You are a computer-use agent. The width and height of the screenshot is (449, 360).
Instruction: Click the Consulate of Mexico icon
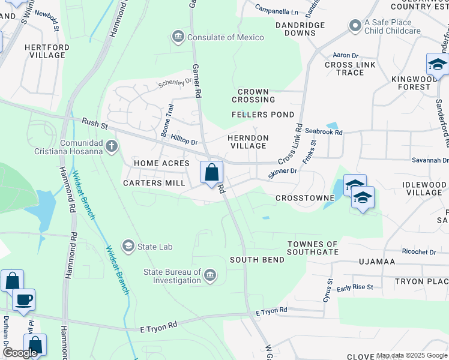pos(178,37)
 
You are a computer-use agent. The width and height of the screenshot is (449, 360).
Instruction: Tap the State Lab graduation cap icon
pos(128,246)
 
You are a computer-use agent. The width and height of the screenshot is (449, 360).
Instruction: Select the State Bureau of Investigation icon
pos(210,275)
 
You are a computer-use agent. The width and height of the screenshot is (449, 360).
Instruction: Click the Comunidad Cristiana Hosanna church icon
pos(111,146)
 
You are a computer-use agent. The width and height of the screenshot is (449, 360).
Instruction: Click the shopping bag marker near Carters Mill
pos(211,173)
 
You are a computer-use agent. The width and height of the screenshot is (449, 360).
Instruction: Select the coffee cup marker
pos(23,299)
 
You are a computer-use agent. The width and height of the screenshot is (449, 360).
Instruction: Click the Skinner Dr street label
pos(283,172)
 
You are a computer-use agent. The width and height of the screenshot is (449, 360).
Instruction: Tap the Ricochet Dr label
pos(418,252)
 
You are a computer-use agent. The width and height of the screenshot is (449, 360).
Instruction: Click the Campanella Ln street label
pos(276,11)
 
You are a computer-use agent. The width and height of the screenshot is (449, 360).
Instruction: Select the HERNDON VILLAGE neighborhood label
pos(248,142)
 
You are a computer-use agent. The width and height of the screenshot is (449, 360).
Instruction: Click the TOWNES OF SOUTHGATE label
pos(312,248)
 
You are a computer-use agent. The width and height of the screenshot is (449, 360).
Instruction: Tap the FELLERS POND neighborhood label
pos(263,115)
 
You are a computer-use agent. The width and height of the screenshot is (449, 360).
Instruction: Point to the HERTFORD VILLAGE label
pos(45,51)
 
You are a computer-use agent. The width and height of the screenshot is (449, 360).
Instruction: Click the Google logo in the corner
pos(20,353)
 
